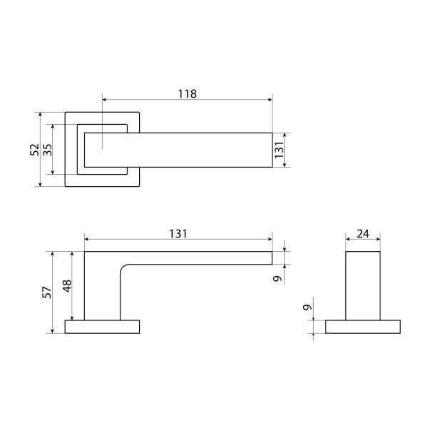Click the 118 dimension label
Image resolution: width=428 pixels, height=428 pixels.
[187, 94]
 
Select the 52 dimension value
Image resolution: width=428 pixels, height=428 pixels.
[35, 150]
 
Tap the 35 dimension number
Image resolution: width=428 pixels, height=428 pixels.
[47, 150]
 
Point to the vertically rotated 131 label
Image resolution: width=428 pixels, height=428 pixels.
[279, 150]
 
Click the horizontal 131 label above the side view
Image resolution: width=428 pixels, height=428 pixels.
[178, 234]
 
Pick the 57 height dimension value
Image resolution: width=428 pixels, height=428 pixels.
[47, 292]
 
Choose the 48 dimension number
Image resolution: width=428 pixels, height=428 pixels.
[67, 286]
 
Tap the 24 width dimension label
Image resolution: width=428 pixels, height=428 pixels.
[363, 234]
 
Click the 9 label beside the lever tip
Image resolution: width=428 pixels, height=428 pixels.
[277, 279]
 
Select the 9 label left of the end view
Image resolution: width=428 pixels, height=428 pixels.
[307, 307]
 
